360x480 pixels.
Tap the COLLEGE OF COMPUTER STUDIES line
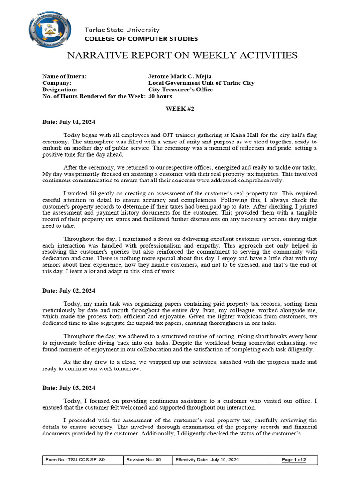(x=141, y=39)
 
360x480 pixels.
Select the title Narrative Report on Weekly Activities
(x=182, y=56)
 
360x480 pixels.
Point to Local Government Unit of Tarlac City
(x=201, y=83)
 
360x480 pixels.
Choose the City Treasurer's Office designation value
(x=180, y=90)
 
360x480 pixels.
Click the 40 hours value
(x=160, y=96)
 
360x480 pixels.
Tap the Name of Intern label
(x=64, y=76)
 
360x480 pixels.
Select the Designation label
(x=60, y=90)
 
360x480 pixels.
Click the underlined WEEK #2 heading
(x=180, y=109)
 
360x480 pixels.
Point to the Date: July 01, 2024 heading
(x=68, y=122)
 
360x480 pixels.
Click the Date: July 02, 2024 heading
(x=68, y=291)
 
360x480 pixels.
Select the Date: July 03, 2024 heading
(x=68, y=388)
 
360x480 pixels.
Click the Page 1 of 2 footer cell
(x=293, y=460)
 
